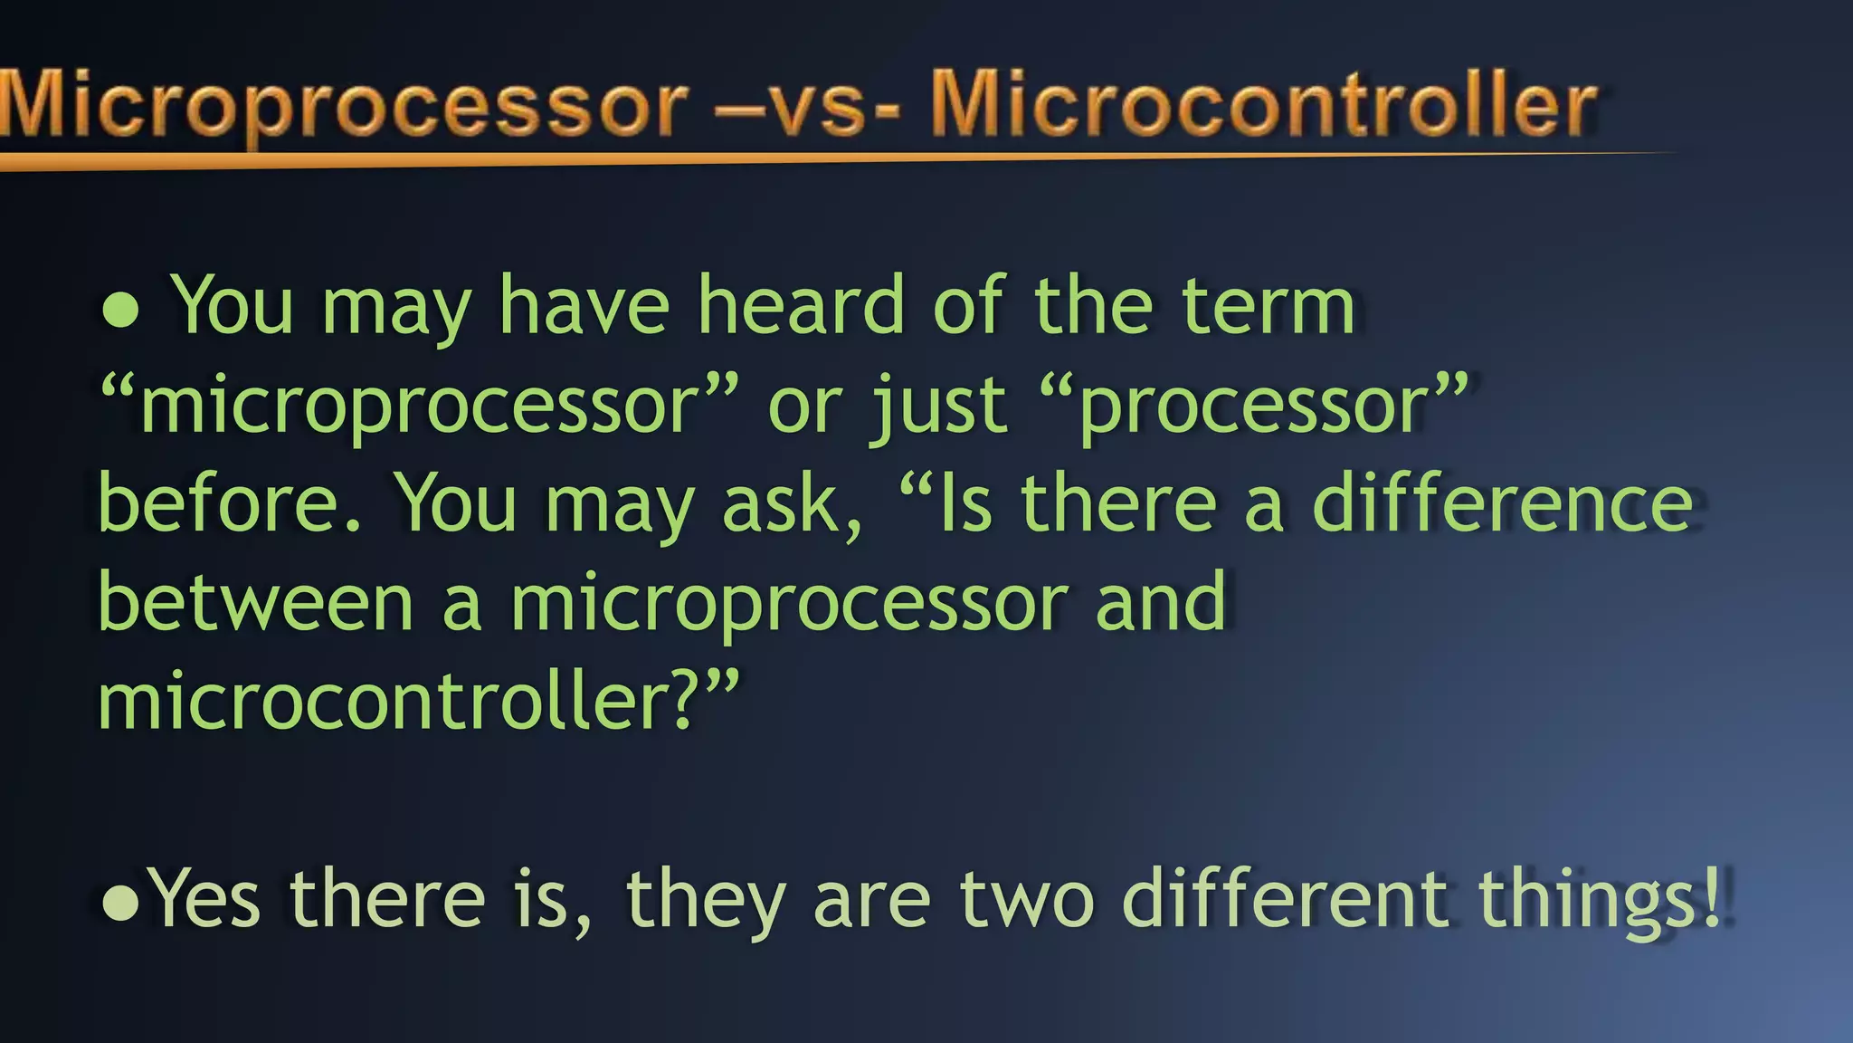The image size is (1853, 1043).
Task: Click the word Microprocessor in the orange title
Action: pyautogui.click(x=344, y=107)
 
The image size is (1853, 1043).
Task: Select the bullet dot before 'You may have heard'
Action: pyautogui.click(x=120, y=310)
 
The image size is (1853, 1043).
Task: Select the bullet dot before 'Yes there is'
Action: pyautogui.click(x=120, y=902)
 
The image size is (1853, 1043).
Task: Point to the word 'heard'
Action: pyautogui.click(x=801, y=306)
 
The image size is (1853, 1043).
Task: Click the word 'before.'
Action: pyautogui.click(x=230, y=503)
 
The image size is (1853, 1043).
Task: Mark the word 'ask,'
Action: pyautogui.click(x=793, y=503)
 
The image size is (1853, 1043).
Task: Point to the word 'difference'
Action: pyautogui.click(x=1502, y=503)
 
